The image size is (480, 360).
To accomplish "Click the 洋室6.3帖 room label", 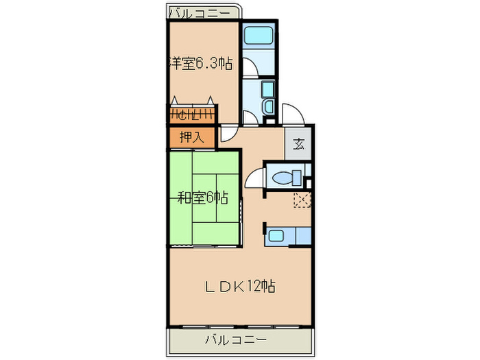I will (200, 64).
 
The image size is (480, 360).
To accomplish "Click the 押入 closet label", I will (191, 137).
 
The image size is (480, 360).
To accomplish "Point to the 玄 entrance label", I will (299, 144).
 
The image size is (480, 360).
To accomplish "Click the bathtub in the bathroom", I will (259, 36).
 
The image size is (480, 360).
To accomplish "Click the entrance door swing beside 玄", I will (288, 113).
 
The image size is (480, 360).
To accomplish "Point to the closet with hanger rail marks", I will (193, 115).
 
